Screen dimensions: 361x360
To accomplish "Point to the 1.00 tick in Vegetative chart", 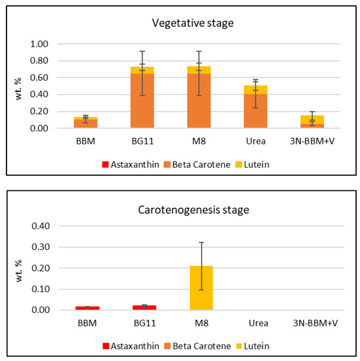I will tap(40, 44).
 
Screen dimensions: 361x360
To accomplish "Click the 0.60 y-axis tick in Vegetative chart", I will tap(40, 77).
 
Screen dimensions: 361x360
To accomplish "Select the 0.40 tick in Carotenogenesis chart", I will tap(40, 226).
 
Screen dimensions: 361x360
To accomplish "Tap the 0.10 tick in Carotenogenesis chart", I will tap(40, 289).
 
